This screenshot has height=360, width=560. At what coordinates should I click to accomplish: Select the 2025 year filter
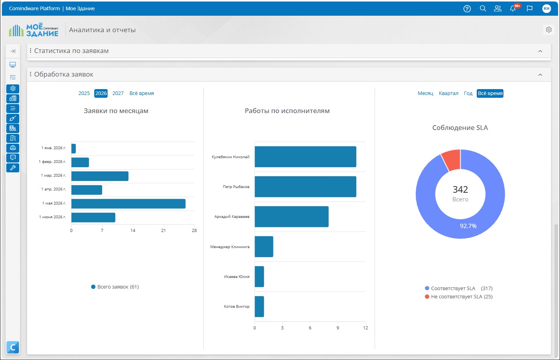pyautogui.click(x=84, y=93)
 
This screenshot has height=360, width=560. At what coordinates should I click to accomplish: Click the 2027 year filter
pyautogui.click(x=118, y=93)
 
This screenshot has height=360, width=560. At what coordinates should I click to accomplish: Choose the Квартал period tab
pyautogui.click(x=448, y=93)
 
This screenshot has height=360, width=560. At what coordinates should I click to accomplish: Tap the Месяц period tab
pyautogui.click(x=425, y=93)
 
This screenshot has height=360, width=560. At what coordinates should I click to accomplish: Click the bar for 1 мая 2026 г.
pyautogui.click(x=128, y=204)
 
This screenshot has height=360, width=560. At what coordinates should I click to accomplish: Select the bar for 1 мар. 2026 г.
pyautogui.click(x=100, y=176)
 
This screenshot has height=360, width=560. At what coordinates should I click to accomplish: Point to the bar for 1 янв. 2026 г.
pyautogui.click(x=73, y=148)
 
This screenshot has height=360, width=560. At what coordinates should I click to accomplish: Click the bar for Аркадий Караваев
pyautogui.click(x=291, y=216)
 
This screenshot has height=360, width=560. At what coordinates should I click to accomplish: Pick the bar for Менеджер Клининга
pyautogui.click(x=264, y=247)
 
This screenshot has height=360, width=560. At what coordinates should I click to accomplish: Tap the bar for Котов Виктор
pyautogui.click(x=259, y=307)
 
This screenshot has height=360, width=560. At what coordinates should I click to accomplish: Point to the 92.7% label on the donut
pyautogui.click(x=468, y=226)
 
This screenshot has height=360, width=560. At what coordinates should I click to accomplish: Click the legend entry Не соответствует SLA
pyautogui.click(x=459, y=296)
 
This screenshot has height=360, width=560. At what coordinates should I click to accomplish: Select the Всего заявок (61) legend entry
pyautogui.click(x=115, y=287)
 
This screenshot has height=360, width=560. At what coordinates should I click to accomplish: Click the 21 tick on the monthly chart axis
pyautogui.click(x=163, y=230)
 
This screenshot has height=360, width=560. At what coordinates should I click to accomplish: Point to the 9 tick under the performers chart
pyautogui.click(x=338, y=328)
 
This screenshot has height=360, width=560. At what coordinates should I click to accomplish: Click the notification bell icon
pyautogui.click(x=513, y=8)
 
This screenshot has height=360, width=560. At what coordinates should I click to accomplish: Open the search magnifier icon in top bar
pyautogui.click(x=483, y=9)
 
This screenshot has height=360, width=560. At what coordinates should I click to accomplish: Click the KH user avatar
pyautogui.click(x=547, y=9)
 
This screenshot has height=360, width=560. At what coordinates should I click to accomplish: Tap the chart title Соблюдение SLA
pyautogui.click(x=460, y=128)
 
